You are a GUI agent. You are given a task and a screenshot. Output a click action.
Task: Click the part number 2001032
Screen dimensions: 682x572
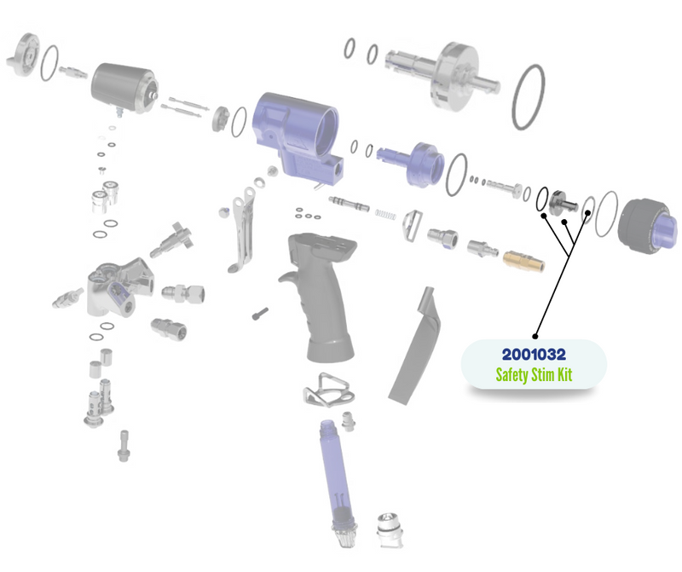click(x=534, y=355)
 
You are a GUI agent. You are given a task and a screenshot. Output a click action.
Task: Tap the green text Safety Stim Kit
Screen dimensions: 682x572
click(x=534, y=374)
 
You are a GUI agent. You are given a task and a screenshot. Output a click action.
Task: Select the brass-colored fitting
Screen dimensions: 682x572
click(x=524, y=261)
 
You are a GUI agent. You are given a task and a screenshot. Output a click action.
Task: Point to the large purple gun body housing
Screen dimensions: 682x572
click(x=297, y=135)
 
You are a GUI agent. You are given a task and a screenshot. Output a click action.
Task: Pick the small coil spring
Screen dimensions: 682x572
click(x=386, y=214)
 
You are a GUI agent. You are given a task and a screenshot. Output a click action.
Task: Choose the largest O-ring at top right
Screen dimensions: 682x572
click(x=529, y=97)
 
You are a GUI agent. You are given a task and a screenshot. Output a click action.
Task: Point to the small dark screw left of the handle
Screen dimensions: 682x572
click(x=260, y=314)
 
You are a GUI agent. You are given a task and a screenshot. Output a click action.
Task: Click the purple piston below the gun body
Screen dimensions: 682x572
click(x=411, y=163)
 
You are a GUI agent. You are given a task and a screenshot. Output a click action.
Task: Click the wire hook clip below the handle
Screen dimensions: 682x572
click(x=328, y=390)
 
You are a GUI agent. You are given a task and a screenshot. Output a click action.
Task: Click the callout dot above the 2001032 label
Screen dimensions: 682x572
click(x=535, y=336)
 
